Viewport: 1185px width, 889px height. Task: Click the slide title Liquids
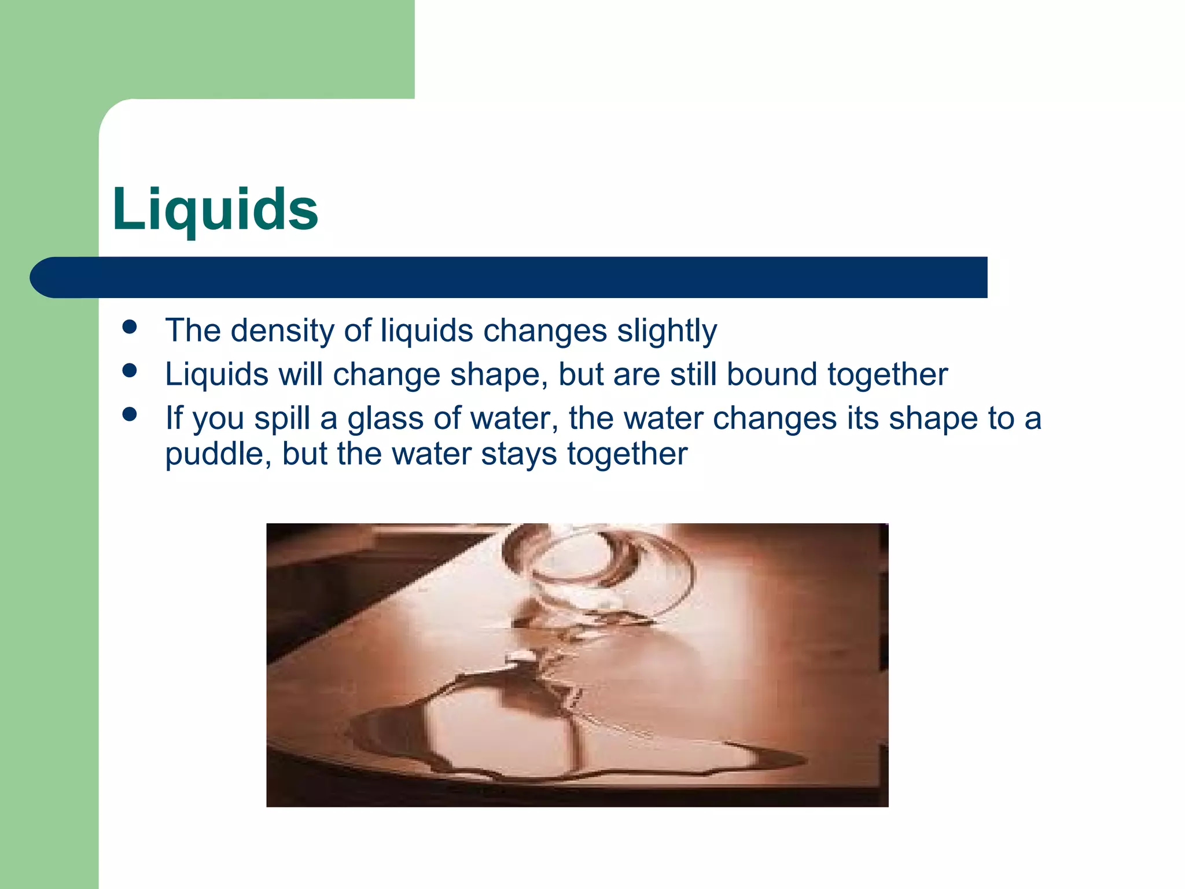point(215,210)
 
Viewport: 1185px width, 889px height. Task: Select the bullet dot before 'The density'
point(130,327)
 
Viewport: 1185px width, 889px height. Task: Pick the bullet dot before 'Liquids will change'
point(130,370)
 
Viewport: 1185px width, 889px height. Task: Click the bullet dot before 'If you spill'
point(130,414)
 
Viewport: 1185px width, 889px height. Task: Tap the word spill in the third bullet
point(282,418)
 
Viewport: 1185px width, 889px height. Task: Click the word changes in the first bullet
point(545,331)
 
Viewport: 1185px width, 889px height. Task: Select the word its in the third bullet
point(863,418)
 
